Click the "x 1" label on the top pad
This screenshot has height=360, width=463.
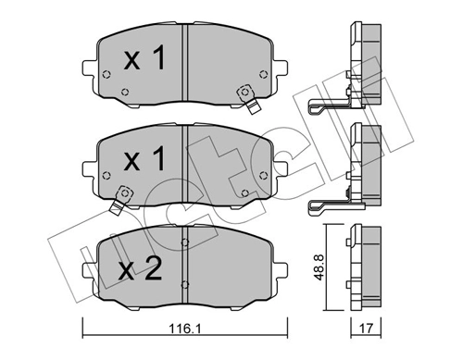pyautogui.click(x=144, y=60)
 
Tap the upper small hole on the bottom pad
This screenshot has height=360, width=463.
pyautogui.click(x=185, y=244)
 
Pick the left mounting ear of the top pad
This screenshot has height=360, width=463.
pyautogui.click(x=89, y=68)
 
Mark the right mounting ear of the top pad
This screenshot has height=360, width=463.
pyautogui.click(x=278, y=68)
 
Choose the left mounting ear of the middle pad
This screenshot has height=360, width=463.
pyautogui.click(x=89, y=170)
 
